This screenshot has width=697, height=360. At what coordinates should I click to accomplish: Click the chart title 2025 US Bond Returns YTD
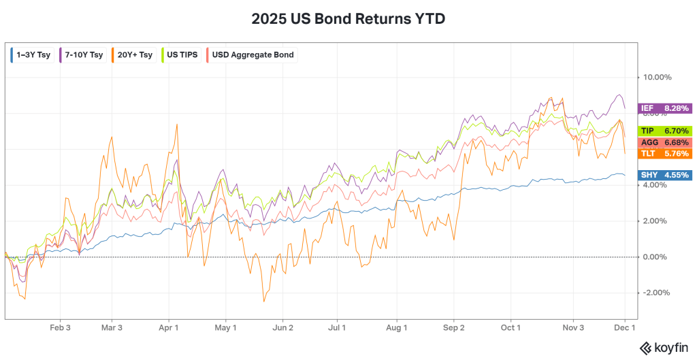348,19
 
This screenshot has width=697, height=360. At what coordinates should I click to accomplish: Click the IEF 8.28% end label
665,108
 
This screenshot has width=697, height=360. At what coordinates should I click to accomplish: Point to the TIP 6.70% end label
665,131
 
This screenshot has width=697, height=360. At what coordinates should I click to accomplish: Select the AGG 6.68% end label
665,142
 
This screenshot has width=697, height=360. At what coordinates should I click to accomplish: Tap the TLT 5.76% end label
665,154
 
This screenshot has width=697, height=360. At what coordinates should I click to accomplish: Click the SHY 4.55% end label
665,175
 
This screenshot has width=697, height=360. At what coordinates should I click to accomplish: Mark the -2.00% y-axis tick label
657,293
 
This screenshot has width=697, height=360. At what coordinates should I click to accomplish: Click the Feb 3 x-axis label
61,327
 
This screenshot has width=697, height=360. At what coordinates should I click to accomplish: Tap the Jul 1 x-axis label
338,327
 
